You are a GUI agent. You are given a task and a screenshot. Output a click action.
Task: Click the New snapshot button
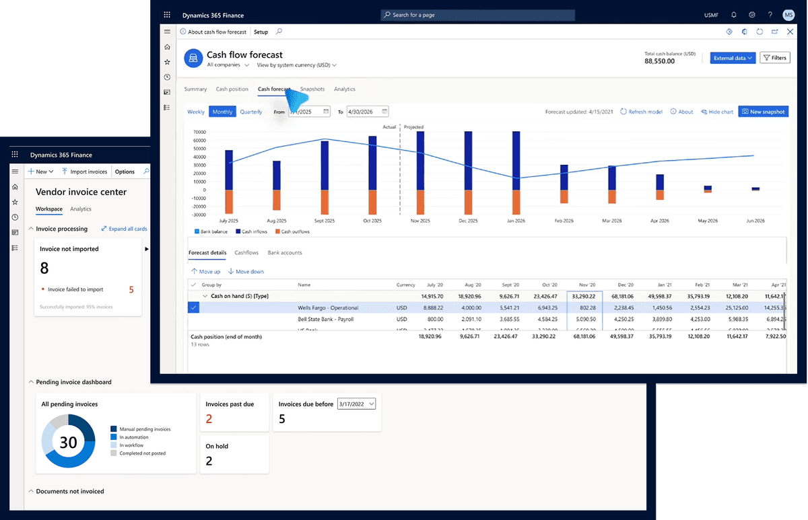pyautogui.click(x=763, y=112)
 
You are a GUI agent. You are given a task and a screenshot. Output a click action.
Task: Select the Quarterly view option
pyautogui.click(x=251, y=112)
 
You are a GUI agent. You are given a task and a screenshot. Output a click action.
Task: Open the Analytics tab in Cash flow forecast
pyautogui.click(x=344, y=89)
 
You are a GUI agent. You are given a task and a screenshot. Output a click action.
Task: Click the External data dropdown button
pyautogui.click(x=733, y=58)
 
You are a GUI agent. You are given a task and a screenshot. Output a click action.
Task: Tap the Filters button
pyautogui.click(x=774, y=58)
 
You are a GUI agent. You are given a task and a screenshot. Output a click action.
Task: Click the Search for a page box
pyautogui.click(x=477, y=15)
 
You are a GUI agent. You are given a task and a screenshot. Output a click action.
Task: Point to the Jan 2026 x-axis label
pyautogui.click(x=516, y=221)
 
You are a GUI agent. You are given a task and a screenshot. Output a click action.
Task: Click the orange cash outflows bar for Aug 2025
pyautogui.click(x=276, y=200)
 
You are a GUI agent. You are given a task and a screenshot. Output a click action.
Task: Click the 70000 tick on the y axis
pyautogui.click(x=199, y=132)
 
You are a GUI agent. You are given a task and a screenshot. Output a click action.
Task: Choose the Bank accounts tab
pyautogui.click(x=285, y=253)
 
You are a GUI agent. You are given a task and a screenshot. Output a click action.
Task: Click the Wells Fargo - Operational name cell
pyautogui.click(x=328, y=307)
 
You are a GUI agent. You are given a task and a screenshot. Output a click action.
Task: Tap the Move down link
pyautogui.click(x=246, y=272)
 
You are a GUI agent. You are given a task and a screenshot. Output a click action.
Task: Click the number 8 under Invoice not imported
pyautogui.click(x=44, y=268)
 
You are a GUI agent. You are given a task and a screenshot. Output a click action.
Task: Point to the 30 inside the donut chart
pyautogui.click(x=69, y=442)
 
